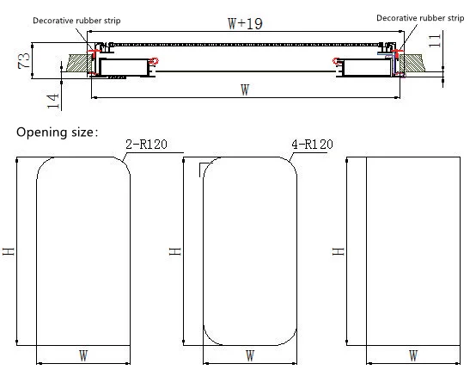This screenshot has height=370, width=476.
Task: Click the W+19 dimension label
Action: coord(245,24)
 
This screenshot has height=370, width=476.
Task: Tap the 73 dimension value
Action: coord(24,60)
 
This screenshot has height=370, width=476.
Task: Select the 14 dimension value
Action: coord(52,101)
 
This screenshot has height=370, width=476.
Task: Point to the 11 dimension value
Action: coord(435,40)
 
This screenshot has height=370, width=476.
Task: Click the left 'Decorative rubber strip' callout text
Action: coord(76,21)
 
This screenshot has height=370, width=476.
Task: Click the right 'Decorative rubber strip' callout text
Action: coord(420,18)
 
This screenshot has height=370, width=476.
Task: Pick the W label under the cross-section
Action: coord(245,90)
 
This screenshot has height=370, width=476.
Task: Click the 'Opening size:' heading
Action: coord(58,133)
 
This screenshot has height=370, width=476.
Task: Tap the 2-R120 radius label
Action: coord(146,144)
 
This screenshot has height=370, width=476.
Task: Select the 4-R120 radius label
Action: coord(313,144)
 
